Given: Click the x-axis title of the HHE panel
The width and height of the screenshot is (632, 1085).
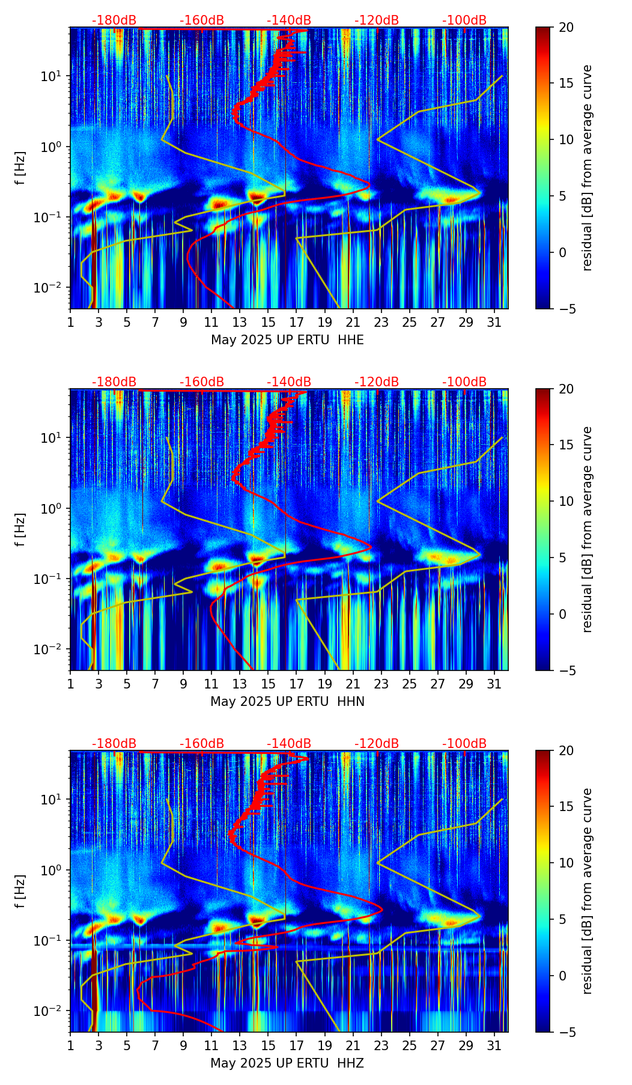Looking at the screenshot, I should [287, 340].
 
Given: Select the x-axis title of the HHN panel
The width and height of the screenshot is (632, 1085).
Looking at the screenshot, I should [287, 702].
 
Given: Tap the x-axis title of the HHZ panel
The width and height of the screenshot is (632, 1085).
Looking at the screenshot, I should [287, 1063].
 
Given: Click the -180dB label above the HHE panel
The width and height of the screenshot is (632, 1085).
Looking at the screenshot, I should [114, 20].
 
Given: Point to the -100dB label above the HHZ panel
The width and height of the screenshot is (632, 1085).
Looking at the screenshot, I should [464, 744].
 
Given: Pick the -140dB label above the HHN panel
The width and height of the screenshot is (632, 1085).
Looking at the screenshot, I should [289, 382].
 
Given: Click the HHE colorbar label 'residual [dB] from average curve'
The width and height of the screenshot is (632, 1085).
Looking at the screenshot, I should [587, 168].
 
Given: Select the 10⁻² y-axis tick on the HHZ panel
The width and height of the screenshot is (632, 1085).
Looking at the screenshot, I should [53, 1011].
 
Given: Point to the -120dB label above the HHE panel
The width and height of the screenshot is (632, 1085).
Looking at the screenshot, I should [377, 20].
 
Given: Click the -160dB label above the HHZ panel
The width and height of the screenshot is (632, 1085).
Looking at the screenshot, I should [202, 744].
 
